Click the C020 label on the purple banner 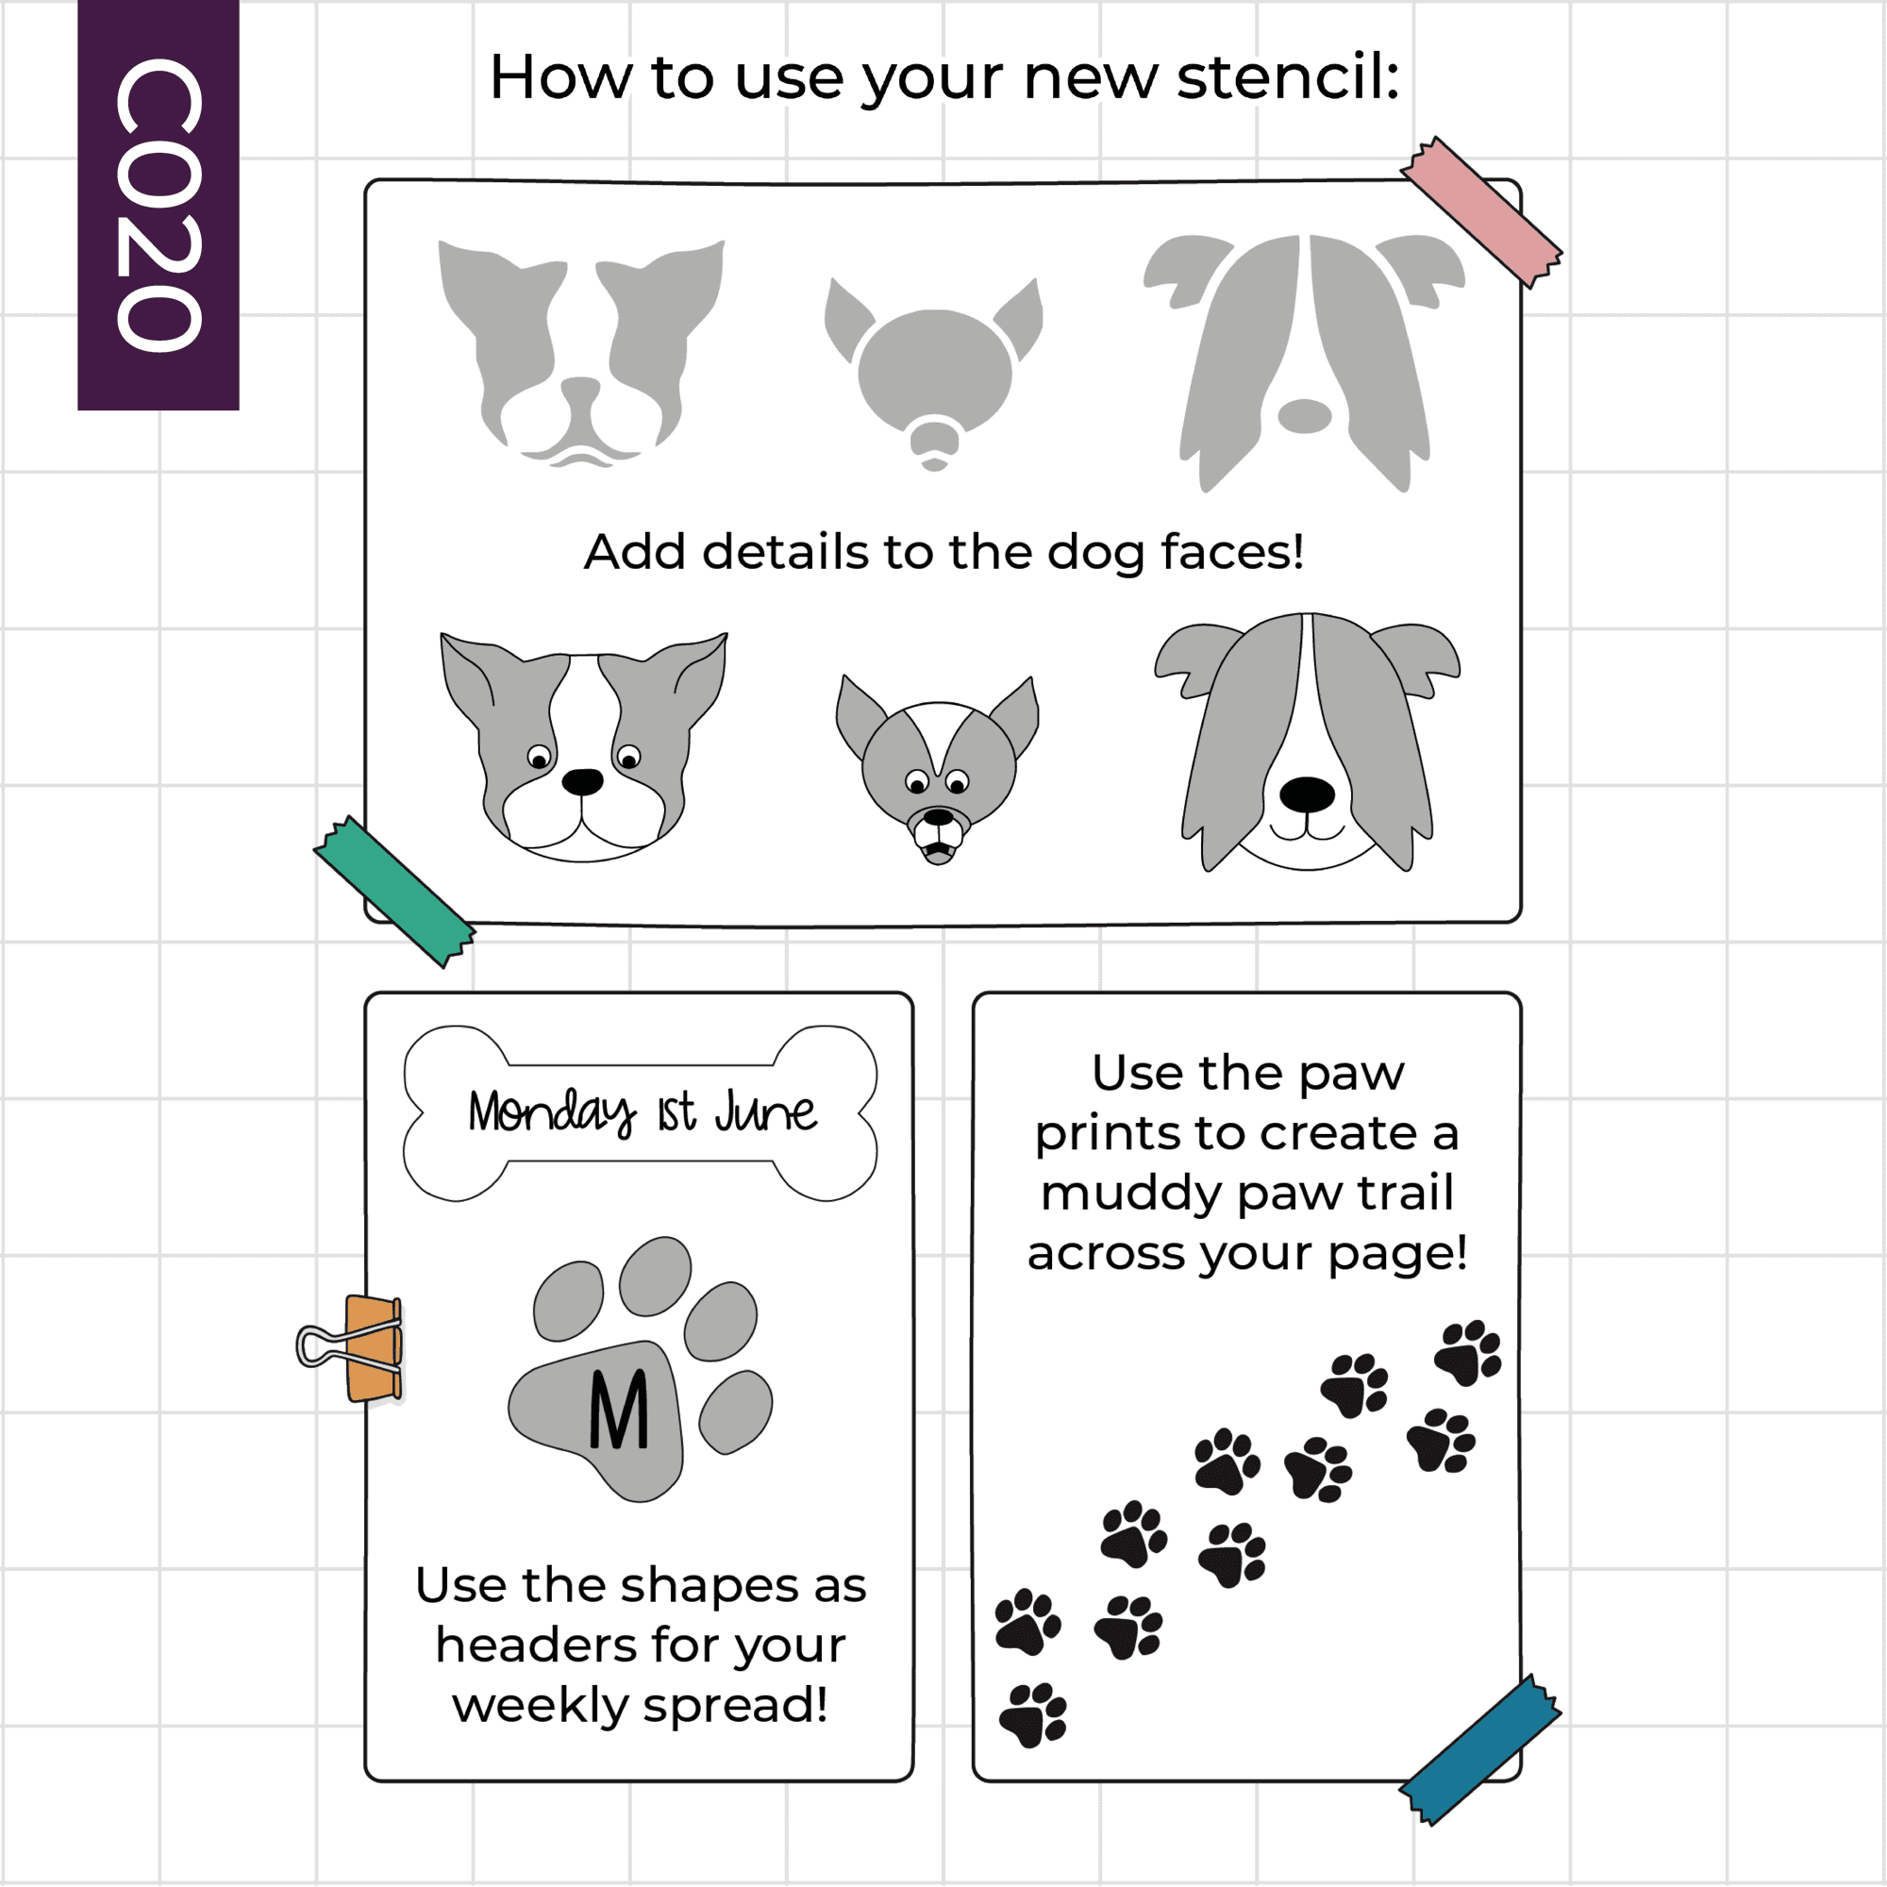159,204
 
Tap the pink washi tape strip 1480,212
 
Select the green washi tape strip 394,891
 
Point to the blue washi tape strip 1479,1749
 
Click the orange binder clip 354,1348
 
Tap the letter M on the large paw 619,1410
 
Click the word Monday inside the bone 552,1113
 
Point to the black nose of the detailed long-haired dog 1307,795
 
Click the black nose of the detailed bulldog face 583,781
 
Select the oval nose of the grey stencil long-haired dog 1305,416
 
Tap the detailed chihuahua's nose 939,817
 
